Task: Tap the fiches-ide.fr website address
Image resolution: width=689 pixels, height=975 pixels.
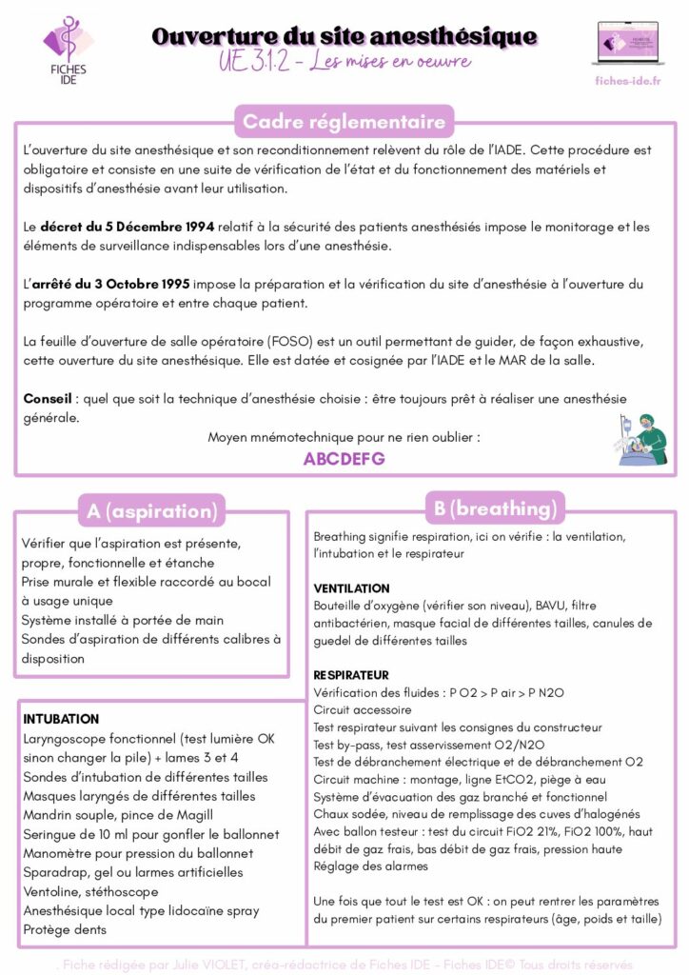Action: pos(626,80)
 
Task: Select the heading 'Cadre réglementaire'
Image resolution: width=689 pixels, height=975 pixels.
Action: pos(344,122)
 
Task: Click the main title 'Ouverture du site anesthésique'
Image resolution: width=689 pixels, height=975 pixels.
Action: pos(344,37)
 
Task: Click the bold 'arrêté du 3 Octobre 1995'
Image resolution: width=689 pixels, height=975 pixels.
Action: pos(110,284)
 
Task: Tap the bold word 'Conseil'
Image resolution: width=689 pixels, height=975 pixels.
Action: pos(49,398)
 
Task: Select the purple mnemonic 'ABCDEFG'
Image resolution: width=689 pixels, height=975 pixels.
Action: pos(344,459)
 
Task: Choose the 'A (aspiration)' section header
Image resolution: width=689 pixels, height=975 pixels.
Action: pos(152,511)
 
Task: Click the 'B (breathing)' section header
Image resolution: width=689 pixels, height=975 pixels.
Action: pos(495,508)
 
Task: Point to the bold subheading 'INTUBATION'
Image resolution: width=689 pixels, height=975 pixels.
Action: pos(61,719)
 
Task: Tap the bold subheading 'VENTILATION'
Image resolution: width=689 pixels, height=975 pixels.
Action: pos(351,588)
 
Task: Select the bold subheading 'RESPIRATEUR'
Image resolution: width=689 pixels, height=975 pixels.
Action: pos(351,674)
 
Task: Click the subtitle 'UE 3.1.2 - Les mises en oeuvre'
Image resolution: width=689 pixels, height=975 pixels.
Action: pos(344,63)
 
